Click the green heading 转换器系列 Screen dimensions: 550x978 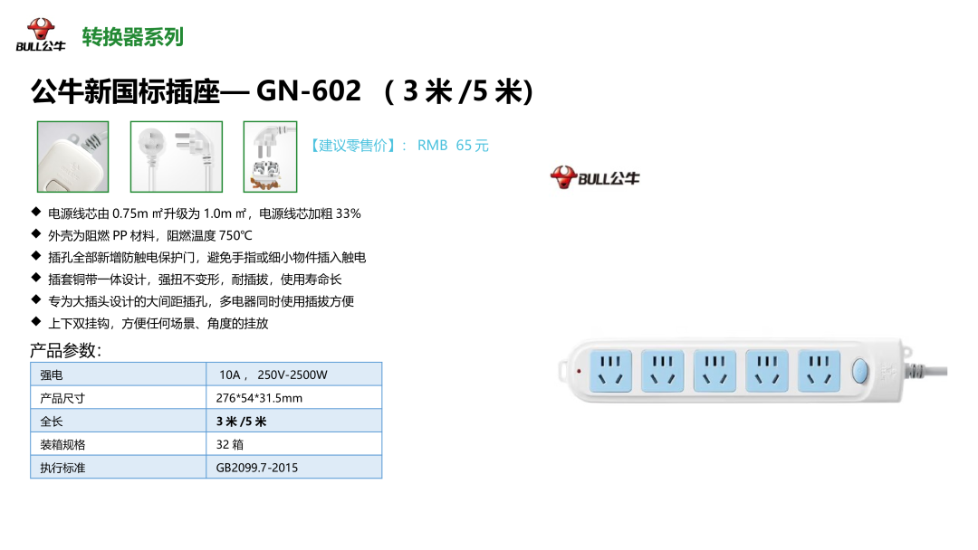click(x=133, y=37)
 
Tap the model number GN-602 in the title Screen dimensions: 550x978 click(x=309, y=91)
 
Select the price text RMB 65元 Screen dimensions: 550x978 click(x=453, y=146)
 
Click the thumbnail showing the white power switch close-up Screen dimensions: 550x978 click(x=72, y=156)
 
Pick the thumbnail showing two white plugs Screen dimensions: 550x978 click(x=170, y=156)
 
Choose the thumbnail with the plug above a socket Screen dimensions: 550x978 click(x=270, y=156)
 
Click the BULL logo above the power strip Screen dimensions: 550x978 click(x=595, y=176)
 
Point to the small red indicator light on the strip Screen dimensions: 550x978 click(x=578, y=371)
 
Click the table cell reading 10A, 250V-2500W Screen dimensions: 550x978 click(x=273, y=375)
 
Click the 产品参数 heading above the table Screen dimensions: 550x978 click(x=65, y=350)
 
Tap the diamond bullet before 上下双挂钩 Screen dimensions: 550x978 click(x=35, y=322)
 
